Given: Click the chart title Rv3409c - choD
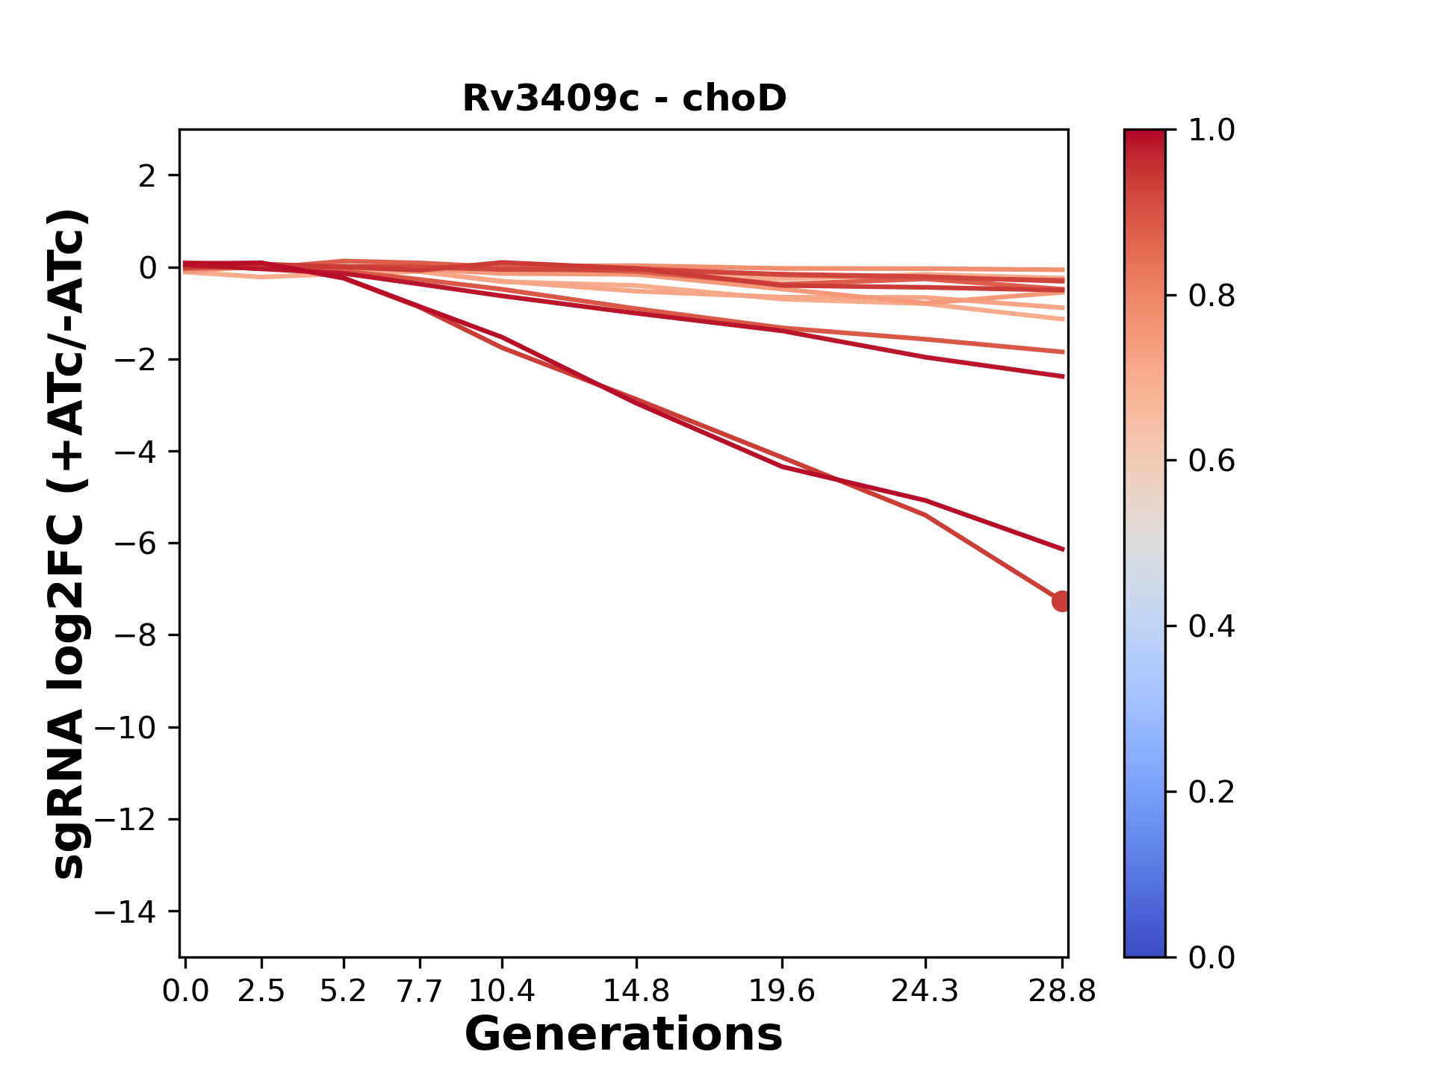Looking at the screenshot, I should click(624, 99).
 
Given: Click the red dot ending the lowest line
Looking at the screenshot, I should click(1061, 601).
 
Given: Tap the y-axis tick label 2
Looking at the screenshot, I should click(147, 176).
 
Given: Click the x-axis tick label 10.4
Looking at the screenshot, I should click(501, 991).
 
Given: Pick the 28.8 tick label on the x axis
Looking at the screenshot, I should click(1062, 991).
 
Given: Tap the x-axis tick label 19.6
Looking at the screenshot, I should click(781, 991).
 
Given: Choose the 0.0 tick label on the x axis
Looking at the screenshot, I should click(185, 991).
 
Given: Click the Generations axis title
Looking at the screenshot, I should click(624, 1035).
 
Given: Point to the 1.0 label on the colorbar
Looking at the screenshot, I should click(1211, 131).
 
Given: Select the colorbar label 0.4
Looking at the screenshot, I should click(1211, 626).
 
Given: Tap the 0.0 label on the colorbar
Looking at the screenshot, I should click(1211, 957).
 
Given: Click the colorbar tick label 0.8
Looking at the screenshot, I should click(1211, 296).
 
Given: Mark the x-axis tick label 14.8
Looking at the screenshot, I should click(636, 991).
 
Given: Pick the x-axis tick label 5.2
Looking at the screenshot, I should click(343, 991).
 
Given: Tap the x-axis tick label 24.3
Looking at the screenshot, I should click(925, 991).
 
